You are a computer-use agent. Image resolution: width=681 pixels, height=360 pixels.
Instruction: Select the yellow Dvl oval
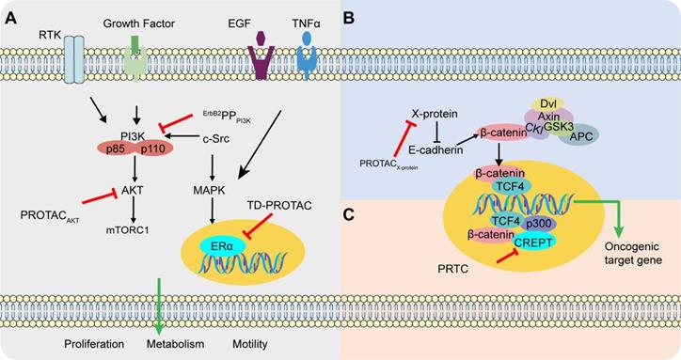(546, 104)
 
